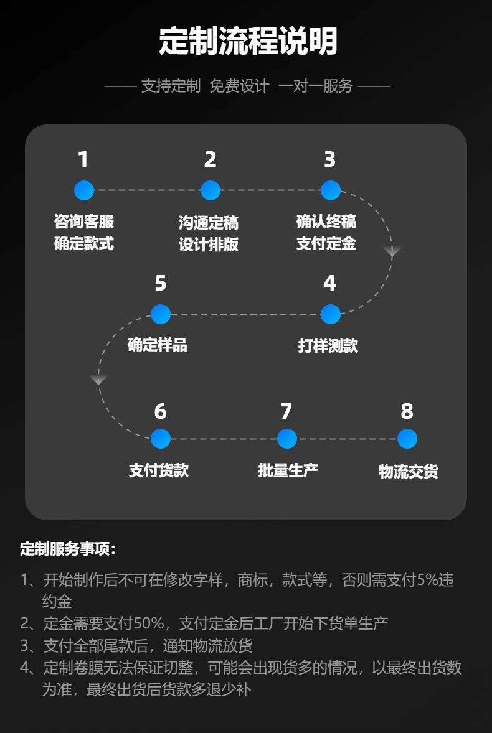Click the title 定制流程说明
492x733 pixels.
pyautogui.click(x=248, y=41)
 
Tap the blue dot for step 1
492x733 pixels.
pyautogui.click(x=84, y=190)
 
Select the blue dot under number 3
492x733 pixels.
pyautogui.click(x=331, y=190)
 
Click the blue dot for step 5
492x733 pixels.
pyautogui.click(x=161, y=314)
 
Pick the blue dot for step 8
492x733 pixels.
pyautogui.click(x=407, y=439)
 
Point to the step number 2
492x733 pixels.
pyautogui.click(x=210, y=159)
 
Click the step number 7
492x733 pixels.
pyautogui.click(x=286, y=411)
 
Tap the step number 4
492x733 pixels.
pyautogui.click(x=329, y=283)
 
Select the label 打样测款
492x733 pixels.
pyautogui.click(x=328, y=346)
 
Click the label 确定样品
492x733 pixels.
pyautogui.click(x=157, y=345)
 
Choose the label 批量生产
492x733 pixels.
pyautogui.click(x=288, y=470)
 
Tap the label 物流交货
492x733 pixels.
pyautogui.click(x=409, y=471)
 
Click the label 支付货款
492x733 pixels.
pyautogui.click(x=159, y=470)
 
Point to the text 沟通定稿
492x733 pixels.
pyautogui.click(x=209, y=223)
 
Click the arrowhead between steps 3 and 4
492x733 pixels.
pyautogui.click(x=392, y=252)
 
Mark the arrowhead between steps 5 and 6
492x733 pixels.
pyautogui.click(x=98, y=379)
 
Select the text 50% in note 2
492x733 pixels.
pyautogui.click(x=149, y=623)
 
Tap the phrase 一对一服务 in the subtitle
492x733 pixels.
pyautogui.click(x=316, y=86)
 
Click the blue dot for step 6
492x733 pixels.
pyautogui.click(x=161, y=439)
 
